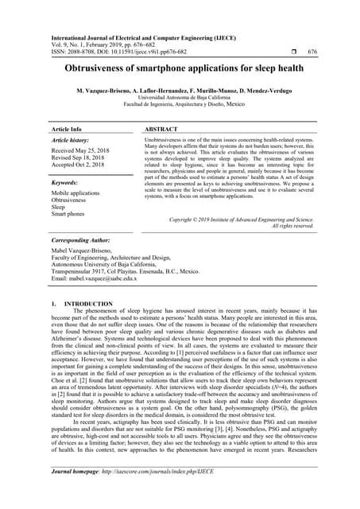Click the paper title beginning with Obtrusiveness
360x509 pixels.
[x=180, y=69]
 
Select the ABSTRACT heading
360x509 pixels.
[x=163, y=127]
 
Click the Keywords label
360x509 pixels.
[x=68, y=182]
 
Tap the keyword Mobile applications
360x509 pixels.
[x=75, y=193]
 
